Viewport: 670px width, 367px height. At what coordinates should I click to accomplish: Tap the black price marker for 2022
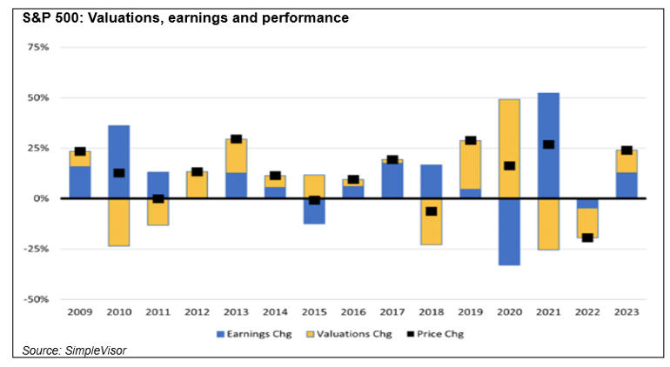click(x=587, y=237)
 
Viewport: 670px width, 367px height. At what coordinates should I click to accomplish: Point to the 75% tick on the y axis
click(x=39, y=47)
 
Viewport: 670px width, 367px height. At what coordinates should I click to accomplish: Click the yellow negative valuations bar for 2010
click(x=119, y=222)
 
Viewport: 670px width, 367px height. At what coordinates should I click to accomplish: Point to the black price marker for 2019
click(x=471, y=140)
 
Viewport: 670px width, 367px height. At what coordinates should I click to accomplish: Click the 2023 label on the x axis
click(x=626, y=310)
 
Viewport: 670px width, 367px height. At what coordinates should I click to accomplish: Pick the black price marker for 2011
click(x=158, y=199)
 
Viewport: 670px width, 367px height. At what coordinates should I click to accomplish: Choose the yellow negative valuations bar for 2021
click(x=548, y=224)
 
